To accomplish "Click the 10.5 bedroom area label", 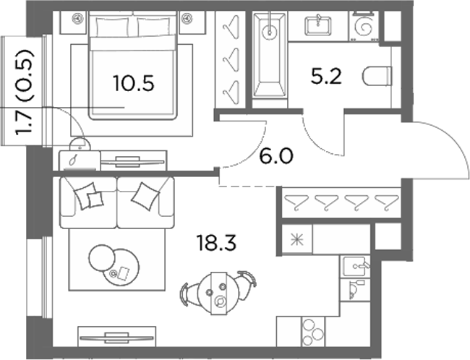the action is click(x=134, y=83).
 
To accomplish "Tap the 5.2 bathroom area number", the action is click(x=326, y=77).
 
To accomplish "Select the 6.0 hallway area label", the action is click(x=275, y=156).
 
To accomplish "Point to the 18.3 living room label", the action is click(x=216, y=242).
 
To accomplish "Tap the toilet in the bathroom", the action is click(x=377, y=76).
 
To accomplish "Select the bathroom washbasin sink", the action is click(x=318, y=25).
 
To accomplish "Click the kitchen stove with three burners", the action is click(x=312, y=332).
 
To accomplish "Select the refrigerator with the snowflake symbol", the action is click(x=297, y=239).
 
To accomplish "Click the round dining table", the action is click(x=219, y=293).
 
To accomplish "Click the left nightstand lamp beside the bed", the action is click(x=77, y=19).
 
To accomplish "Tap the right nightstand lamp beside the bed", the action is click(x=187, y=19).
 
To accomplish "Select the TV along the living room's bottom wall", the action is click(x=117, y=338).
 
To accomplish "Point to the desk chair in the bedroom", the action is click(x=80, y=144).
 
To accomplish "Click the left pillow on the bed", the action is click(x=113, y=26).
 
